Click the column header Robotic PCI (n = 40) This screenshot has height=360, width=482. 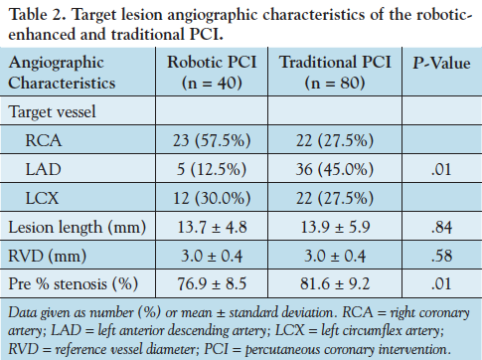point(210,72)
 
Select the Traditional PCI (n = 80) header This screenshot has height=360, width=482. point(334,72)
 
